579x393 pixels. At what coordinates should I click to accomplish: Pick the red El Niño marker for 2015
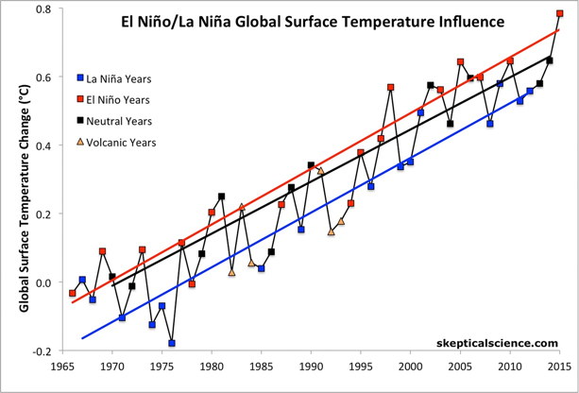pyautogui.click(x=559, y=14)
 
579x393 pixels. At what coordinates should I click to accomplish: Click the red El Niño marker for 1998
pyautogui.click(x=390, y=87)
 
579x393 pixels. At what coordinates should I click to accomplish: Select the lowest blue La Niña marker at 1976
pyautogui.click(x=172, y=343)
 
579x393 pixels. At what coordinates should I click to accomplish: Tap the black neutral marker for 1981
pyautogui.click(x=221, y=196)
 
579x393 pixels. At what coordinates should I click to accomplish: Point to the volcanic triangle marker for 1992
pyautogui.click(x=331, y=231)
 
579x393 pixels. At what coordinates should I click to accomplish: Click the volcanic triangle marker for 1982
pyautogui.click(x=231, y=272)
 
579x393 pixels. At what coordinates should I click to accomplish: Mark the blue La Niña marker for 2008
pyautogui.click(x=489, y=124)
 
